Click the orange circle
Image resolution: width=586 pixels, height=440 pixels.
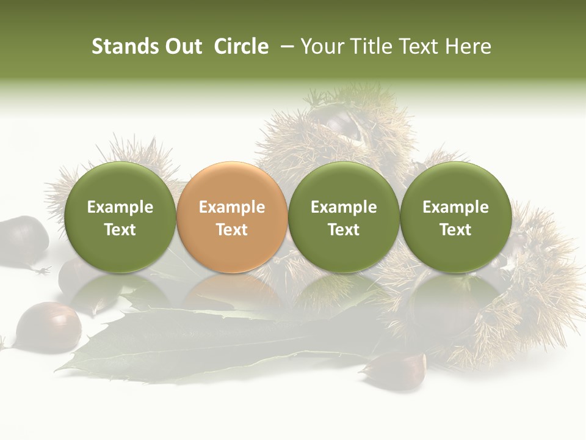point(232,218)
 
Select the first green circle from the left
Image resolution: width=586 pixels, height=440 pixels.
point(120,218)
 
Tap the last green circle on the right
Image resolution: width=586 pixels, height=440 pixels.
point(455,218)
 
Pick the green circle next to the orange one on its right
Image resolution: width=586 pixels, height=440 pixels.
point(344,218)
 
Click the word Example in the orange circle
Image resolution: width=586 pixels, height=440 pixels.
point(232,207)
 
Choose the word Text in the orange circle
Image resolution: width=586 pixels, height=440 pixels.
point(232,230)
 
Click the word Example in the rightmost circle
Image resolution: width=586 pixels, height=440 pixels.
point(455,207)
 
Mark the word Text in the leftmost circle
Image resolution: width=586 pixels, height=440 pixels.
point(120,230)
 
